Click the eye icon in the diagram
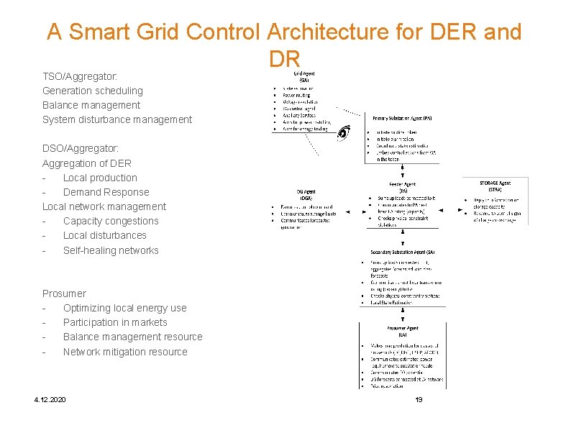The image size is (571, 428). pyautogui.click(x=344, y=132)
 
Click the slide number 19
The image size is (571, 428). pyautogui.click(x=419, y=399)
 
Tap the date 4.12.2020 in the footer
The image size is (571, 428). pyautogui.click(x=49, y=399)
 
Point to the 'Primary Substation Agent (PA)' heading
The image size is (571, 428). pyautogui.click(x=402, y=118)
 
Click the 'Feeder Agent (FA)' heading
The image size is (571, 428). pyautogui.click(x=403, y=188)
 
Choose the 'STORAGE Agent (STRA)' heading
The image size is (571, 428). pyautogui.click(x=495, y=186)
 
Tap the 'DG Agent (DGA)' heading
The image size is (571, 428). pyautogui.click(x=306, y=195)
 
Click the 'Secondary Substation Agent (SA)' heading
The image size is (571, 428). pyautogui.click(x=402, y=252)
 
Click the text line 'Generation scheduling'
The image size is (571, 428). pyautogui.click(x=93, y=91)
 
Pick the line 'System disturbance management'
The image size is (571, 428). pyautogui.click(x=117, y=119)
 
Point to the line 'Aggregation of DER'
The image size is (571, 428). pyautogui.click(x=87, y=163)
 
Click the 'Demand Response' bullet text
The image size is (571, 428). pyautogui.click(x=106, y=192)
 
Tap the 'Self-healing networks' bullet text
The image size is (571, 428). pyautogui.click(x=111, y=250)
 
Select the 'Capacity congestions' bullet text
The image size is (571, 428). pyautogui.click(x=111, y=221)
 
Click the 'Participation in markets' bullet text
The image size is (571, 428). pyautogui.click(x=115, y=322)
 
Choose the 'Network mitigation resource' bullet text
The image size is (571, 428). pyautogui.click(x=125, y=352)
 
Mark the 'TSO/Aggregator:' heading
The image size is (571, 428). pyautogui.click(x=80, y=76)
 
